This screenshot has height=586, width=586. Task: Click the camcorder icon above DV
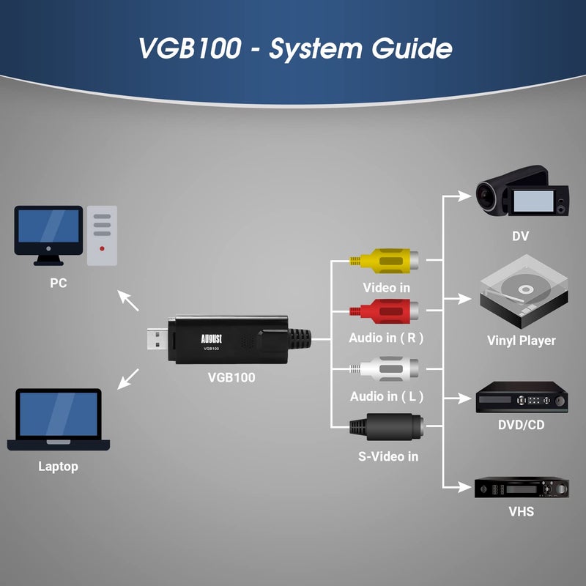pos(522,193)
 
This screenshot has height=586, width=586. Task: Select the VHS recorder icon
pos(522,487)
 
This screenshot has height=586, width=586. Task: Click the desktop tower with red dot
pos(102,235)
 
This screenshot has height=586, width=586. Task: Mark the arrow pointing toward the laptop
pos(128,378)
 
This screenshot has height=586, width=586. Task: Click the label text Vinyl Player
pos(521,341)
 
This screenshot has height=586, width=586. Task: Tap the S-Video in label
pos(388,456)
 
